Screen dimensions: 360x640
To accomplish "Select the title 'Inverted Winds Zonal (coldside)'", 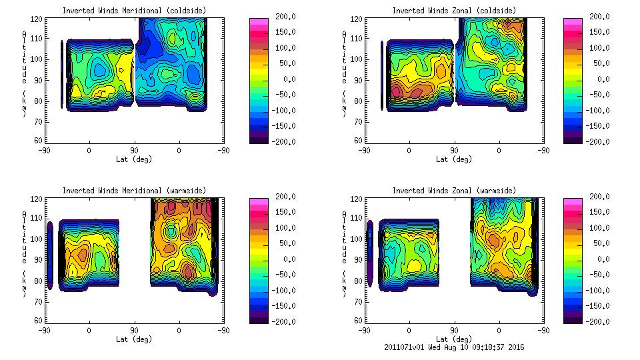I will click(453, 11).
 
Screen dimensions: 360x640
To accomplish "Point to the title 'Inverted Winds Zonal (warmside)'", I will click(453, 191).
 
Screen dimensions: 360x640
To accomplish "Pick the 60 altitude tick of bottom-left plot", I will click(39, 320).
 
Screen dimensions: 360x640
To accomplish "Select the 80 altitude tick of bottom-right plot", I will click(359, 280).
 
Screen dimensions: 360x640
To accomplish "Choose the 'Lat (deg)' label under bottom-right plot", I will click(453, 339).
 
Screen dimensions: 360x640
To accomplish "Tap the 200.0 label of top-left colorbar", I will click(285, 17).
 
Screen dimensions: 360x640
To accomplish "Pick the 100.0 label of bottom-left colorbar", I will click(285, 228).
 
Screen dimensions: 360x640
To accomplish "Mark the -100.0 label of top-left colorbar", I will click(284, 111).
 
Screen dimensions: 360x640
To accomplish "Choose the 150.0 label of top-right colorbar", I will click(599, 33).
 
